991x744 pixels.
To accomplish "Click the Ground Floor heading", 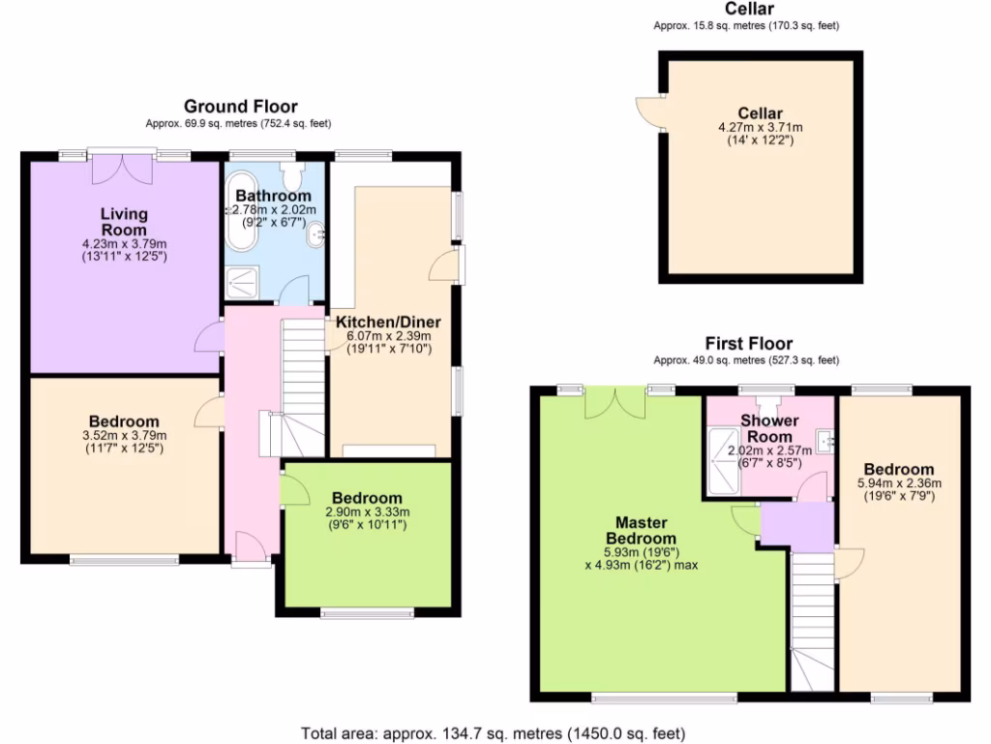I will click(240, 107).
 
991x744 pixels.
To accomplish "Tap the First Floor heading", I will click(748, 343).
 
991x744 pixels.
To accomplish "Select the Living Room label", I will click(124, 222).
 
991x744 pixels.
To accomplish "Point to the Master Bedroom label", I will click(640, 530).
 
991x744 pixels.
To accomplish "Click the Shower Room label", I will click(769, 428).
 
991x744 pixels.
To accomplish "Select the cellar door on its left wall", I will click(649, 113).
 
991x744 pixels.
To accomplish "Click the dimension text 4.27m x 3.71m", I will click(760, 127).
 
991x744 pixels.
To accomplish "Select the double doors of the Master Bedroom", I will click(616, 404).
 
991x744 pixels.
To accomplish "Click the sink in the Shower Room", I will click(825, 442).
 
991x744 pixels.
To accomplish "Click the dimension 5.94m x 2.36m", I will click(899, 482).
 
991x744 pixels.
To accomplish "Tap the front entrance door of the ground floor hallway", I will click(252, 548).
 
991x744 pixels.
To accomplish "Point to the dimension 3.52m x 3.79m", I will click(124, 435).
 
